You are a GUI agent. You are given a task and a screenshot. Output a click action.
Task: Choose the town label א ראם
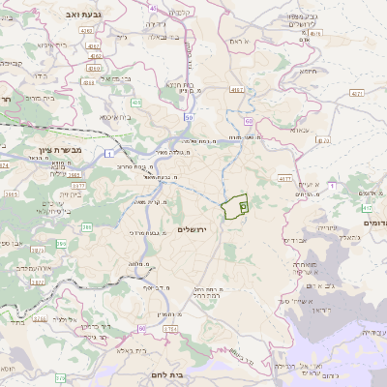[240, 43]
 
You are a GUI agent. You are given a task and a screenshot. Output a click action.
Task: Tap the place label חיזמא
[309, 70]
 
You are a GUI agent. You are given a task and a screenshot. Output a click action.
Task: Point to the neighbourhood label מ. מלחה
[135, 264]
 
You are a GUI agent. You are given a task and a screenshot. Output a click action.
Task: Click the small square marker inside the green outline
[243, 206]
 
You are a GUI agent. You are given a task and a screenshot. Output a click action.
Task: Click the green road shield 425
[137, 102]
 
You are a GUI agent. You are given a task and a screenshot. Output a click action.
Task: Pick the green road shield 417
[367, 207]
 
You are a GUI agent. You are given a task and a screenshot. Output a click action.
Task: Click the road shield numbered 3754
[170, 329]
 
